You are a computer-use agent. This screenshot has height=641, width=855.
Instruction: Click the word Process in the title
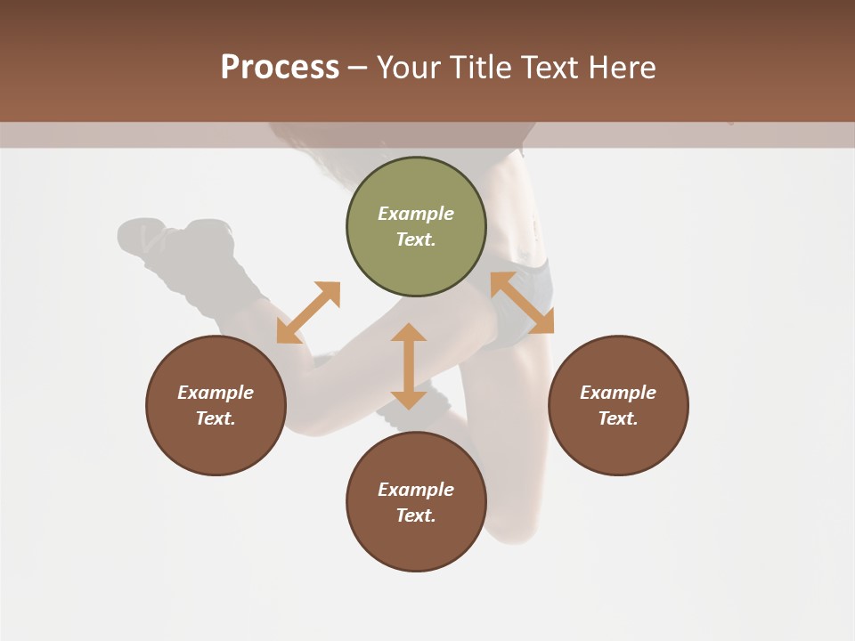(x=280, y=68)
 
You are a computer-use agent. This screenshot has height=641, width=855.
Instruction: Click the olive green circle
(x=416, y=227)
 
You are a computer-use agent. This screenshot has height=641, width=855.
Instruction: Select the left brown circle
(x=216, y=405)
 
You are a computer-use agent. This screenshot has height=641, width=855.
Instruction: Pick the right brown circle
(x=618, y=405)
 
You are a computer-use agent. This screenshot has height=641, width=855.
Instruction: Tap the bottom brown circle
(x=416, y=502)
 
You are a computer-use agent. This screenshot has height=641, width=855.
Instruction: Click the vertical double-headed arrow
(x=409, y=366)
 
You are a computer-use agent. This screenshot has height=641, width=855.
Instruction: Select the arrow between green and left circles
(x=308, y=312)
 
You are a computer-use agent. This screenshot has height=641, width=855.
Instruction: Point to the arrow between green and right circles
(x=522, y=303)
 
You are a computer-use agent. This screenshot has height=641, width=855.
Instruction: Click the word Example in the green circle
(x=416, y=214)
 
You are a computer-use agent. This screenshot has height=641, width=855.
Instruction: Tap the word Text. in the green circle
(x=416, y=239)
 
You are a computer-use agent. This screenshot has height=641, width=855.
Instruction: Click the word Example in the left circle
(x=216, y=393)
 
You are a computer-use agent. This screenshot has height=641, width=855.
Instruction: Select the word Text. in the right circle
(x=618, y=418)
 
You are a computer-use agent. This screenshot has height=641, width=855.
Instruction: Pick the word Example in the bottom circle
(x=416, y=490)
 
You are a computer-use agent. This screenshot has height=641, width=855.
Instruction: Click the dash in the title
(x=358, y=68)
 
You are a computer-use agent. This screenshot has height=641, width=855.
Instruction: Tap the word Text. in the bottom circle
(x=416, y=515)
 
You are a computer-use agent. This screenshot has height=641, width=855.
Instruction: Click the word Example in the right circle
(x=618, y=393)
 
